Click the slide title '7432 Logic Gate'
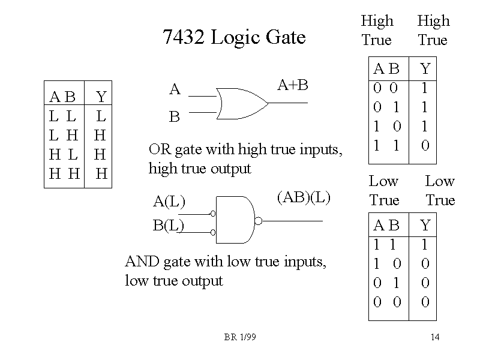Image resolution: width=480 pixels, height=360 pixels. (234, 38)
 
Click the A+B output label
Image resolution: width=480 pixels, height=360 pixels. (293, 85)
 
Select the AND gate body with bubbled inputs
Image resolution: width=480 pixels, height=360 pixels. (235, 220)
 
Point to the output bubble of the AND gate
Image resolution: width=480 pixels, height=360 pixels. (258, 221)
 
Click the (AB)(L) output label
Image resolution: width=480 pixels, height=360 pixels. (304, 197)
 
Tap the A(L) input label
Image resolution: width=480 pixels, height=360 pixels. (169, 201)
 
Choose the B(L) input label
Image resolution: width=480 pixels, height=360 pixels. (169, 226)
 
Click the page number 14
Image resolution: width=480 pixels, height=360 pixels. (435, 337)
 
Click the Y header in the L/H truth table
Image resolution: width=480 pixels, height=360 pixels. (101, 97)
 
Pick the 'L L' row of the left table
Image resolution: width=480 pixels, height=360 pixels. (62, 115)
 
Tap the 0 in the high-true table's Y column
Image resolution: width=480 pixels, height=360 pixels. (425, 145)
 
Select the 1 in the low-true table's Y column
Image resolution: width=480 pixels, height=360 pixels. (425, 245)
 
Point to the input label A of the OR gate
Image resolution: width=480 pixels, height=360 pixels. (175, 90)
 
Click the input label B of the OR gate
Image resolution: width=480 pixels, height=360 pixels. (175, 117)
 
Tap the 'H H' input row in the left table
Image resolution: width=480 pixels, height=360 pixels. (64, 174)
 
